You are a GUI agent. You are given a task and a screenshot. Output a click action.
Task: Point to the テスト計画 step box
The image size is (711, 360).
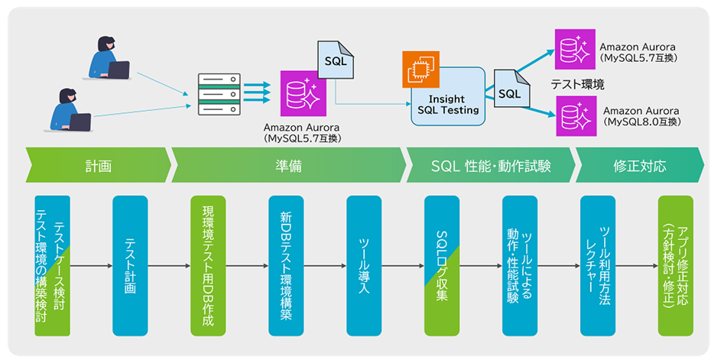(130, 265)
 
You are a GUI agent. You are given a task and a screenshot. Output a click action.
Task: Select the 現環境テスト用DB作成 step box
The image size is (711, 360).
(208, 265)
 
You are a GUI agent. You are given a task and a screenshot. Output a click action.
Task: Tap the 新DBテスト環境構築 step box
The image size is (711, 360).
(286, 265)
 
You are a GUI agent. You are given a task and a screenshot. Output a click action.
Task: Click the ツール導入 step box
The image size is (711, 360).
(364, 265)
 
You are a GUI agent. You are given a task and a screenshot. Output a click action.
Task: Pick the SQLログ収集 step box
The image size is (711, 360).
(442, 265)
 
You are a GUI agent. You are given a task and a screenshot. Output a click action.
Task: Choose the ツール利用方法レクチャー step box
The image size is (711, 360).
(598, 265)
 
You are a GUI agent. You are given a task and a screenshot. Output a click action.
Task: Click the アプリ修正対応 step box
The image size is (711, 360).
(676, 265)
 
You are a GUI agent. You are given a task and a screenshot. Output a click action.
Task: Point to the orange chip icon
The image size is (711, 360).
(417, 66)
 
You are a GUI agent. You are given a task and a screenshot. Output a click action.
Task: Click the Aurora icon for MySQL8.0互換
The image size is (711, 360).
(574, 116)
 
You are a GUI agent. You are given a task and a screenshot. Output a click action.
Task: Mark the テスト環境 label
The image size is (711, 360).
(577, 83)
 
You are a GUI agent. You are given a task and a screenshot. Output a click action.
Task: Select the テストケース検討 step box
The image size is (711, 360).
(52, 265)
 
